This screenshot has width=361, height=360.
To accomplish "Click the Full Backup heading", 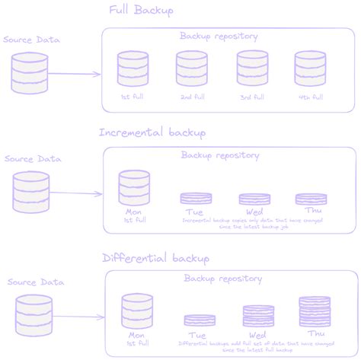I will click(x=142, y=11).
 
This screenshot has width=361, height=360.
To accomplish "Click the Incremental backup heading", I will click(x=152, y=133).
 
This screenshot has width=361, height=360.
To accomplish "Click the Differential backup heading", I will click(x=155, y=258).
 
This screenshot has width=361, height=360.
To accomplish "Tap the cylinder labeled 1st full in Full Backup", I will click(x=133, y=69).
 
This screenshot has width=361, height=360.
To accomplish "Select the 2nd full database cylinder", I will click(x=191, y=69).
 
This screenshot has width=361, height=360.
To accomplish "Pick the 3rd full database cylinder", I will click(x=251, y=69).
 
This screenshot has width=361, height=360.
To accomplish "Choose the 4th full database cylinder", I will click(x=310, y=69).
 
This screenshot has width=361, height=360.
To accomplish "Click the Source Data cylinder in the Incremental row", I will click(x=31, y=192).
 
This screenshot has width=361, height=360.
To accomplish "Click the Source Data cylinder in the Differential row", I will click(x=34, y=315).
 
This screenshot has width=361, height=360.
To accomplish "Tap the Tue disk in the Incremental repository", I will click(x=196, y=199).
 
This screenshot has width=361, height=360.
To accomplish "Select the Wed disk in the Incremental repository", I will click(x=254, y=199).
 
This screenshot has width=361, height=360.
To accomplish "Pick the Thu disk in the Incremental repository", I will click(x=311, y=199).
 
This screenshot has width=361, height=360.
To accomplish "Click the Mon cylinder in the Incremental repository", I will click(x=135, y=188).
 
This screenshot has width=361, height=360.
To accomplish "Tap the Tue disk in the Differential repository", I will click(x=200, y=320).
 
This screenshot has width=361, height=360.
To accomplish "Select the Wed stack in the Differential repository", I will click(x=258, y=316).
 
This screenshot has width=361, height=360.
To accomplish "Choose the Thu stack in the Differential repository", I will click(x=315, y=312).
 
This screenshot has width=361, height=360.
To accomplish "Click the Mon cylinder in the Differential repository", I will click(x=138, y=311).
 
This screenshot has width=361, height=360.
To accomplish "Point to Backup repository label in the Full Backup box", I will click(x=219, y=36).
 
